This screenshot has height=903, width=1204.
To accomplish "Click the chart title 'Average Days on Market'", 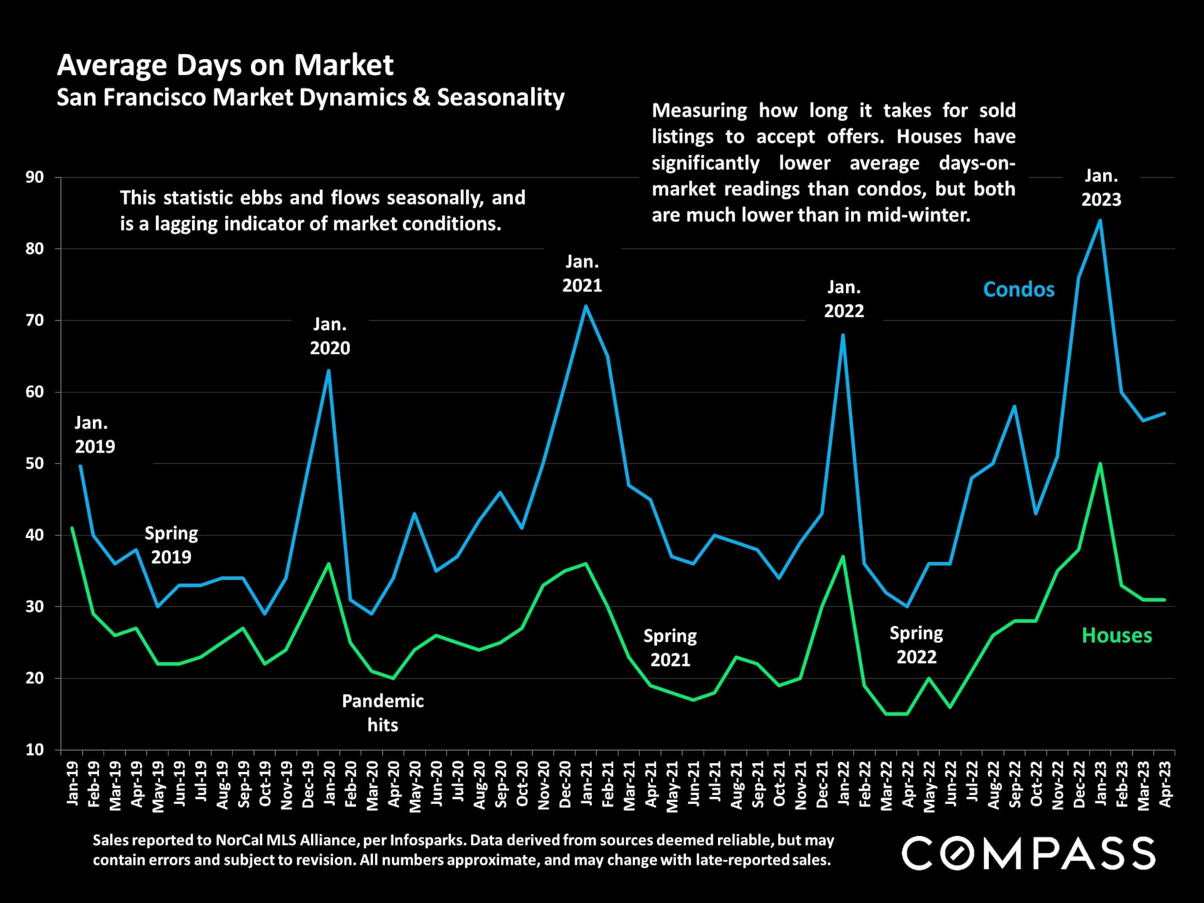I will pyautogui.click(x=225, y=65).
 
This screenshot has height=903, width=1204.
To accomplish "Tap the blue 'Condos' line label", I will pyautogui.click(x=1018, y=289).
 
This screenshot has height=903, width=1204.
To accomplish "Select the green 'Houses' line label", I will pyautogui.click(x=1116, y=635).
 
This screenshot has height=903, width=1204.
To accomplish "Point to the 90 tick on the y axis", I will pyautogui.click(x=35, y=177).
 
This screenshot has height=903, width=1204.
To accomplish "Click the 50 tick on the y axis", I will pyautogui.click(x=35, y=463).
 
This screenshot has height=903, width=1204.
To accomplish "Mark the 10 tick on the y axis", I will pyautogui.click(x=35, y=749).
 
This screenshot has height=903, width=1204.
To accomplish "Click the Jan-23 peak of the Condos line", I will pyautogui.click(x=1100, y=220).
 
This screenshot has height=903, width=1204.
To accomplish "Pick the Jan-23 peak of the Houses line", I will pyautogui.click(x=1100, y=463).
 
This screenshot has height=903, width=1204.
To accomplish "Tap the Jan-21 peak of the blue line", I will pyautogui.click(x=586, y=306).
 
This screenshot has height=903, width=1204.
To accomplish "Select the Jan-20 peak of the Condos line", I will pyautogui.click(x=329, y=370).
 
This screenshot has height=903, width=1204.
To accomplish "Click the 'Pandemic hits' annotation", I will pyautogui.click(x=383, y=713).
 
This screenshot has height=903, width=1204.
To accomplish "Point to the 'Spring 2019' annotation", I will pyautogui.click(x=171, y=545).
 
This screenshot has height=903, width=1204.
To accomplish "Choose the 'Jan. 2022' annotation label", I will pyautogui.click(x=843, y=299).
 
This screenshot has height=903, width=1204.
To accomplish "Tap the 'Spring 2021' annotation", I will pyautogui.click(x=670, y=648).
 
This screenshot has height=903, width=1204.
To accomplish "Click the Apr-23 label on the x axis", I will pyautogui.click(x=1165, y=784).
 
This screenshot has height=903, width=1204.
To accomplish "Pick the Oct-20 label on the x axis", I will pyautogui.click(x=522, y=784).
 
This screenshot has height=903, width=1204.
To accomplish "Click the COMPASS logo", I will pyautogui.click(x=1028, y=853).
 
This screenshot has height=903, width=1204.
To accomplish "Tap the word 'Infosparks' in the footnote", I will pyautogui.click(x=426, y=840).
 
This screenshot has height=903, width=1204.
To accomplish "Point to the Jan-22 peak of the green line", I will pyautogui.click(x=843, y=556).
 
